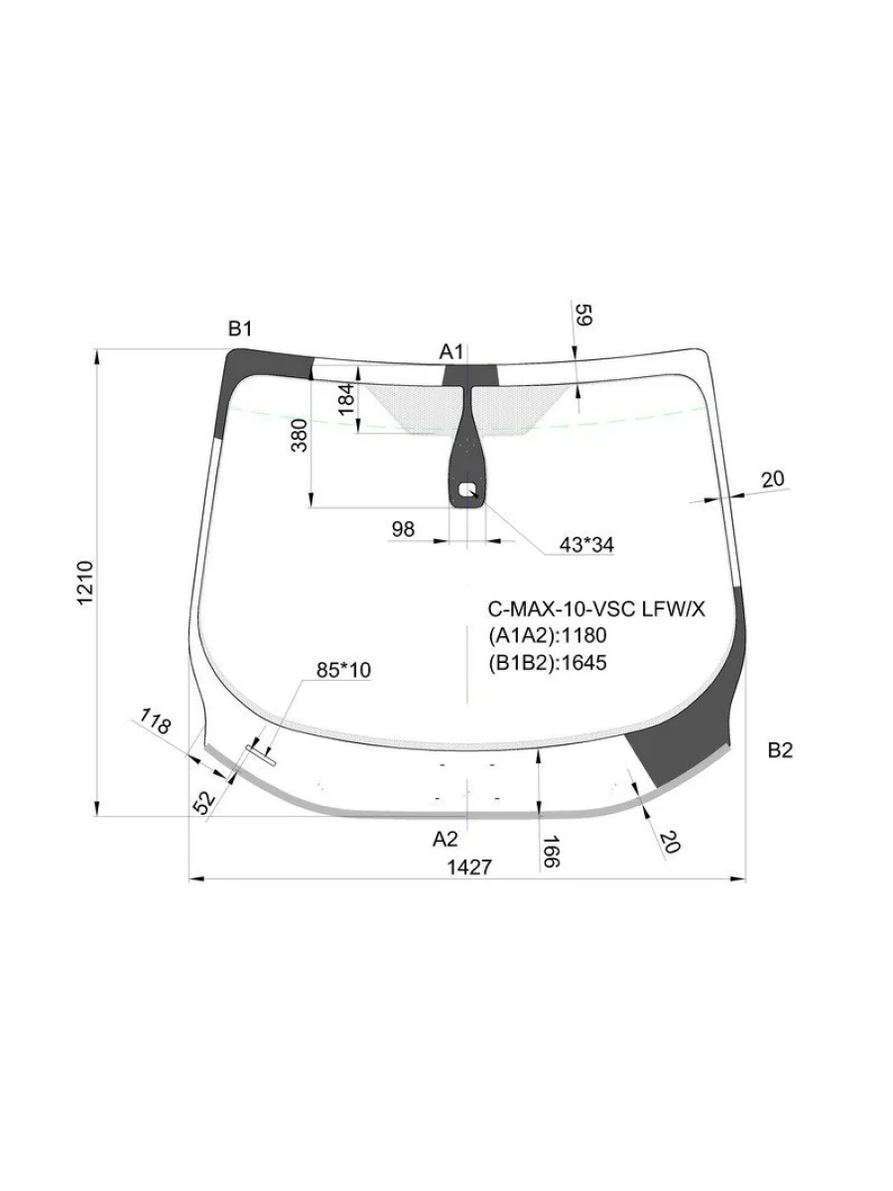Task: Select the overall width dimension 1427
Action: pyautogui.click(x=469, y=867)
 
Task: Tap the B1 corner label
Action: pyautogui.click(x=240, y=329)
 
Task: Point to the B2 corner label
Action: pyautogui.click(x=780, y=750)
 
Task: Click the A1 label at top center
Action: pyautogui.click(x=451, y=352)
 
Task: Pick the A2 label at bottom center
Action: pyautogui.click(x=446, y=840)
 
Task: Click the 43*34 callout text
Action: pyautogui.click(x=586, y=545)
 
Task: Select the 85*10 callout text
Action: pyautogui.click(x=343, y=670)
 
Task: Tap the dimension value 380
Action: pyautogui.click(x=300, y=435)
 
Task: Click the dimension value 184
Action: pyautogui.click(x=347, y=399)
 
